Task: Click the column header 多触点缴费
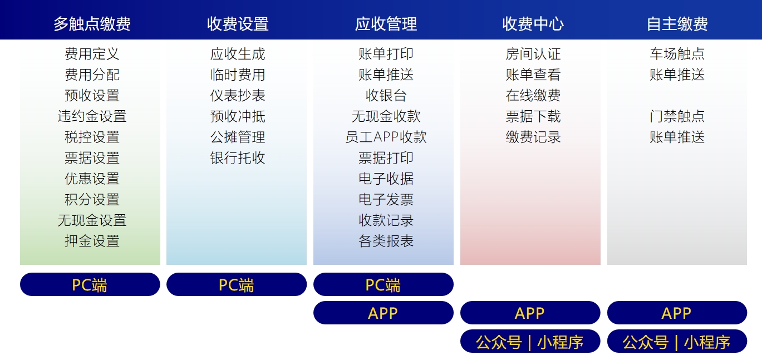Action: point(92,24)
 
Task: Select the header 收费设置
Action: point(238,24)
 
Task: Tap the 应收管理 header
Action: point(386,24)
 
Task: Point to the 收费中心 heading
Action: point(533,24)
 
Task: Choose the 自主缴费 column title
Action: point(677,24)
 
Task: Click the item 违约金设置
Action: point(92,116)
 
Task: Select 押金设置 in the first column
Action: point(92,241)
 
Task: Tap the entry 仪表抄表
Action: point(238,96)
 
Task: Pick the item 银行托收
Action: point(238,157)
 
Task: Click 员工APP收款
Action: point(386,137)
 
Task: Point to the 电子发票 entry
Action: point(386,200)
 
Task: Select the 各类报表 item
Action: point(386,241)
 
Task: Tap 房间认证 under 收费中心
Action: point(533,54)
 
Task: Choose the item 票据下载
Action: point(533,116)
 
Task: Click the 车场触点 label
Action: point(677,54)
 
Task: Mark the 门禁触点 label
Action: point(677,116)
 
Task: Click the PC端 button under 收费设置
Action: point(237,284)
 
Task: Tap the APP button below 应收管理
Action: point(384,313)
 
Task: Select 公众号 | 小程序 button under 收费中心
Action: point(530,341)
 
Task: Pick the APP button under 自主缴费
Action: point(677,313)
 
